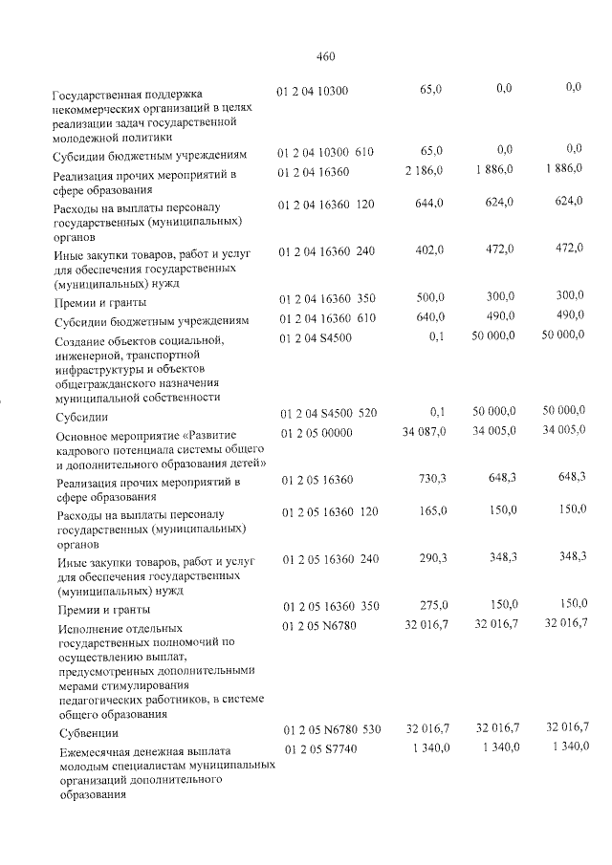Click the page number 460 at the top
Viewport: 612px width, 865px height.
pyautogui.click(x=325, y=55)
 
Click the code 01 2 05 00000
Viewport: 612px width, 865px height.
pyautogui.click(x=315, y=433)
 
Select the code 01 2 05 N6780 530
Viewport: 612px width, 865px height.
pyautogui.click(x=329, y=729)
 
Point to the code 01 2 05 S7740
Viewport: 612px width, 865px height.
pyautogui.click(x=319, y=747)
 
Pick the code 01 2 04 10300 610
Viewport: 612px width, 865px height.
pyautogui.click(x=326, y=151)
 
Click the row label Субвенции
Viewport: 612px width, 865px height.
pyautogui.click(x=87, y=734)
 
